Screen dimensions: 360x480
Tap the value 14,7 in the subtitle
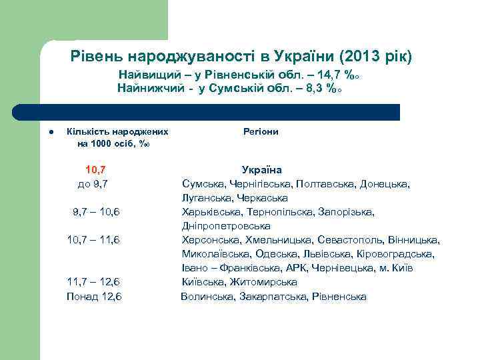pyautogui.click(x=329, y=75)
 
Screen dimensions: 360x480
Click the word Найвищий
pyautogui.click(x=144, y=75)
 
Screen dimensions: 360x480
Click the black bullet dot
pyautogui.click(x=41, y=131)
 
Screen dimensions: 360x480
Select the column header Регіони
pyautogui.click(x=261, y=131)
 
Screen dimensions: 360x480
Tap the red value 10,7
pyautogui.click(x=96, y=170)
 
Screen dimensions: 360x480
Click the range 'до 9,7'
pyautogui.click(x=94, y=183)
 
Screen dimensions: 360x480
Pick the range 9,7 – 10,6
pyautogui.click(x=96, y=212)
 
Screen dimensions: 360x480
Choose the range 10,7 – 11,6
pyautogui.click(x=94, y=239)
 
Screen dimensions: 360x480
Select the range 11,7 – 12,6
pyautogui.click(x=94, y=282)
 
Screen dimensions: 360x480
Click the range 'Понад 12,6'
pyautogui.click(x=94, y=296)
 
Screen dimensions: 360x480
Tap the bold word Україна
pyautogui.click(x=261, y=170)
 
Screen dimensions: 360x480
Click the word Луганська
pyautogui.click(x=204, y=197)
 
